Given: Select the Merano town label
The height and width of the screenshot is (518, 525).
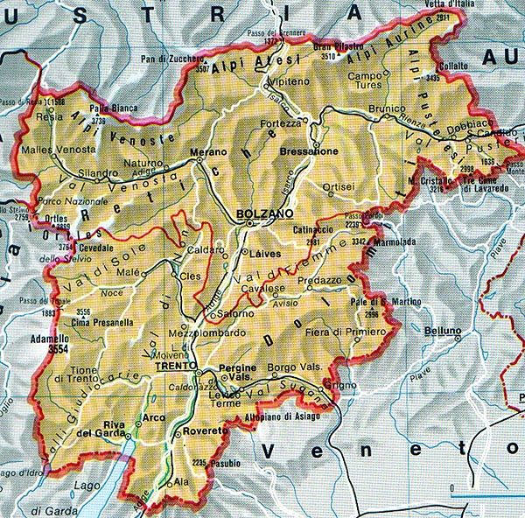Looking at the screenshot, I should click(210, 151).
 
